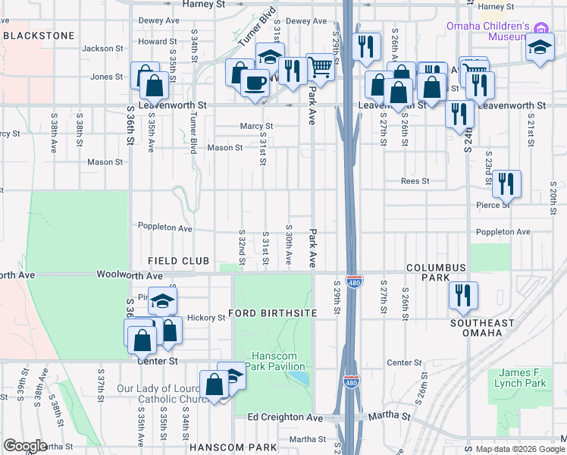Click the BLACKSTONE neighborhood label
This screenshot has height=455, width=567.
[39, 36]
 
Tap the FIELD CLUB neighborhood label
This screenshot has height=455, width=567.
[179, 261]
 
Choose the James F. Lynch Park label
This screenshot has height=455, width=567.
[524, 378]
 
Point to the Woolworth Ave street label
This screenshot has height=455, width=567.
[130, 275]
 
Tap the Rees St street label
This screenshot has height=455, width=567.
[415, 181]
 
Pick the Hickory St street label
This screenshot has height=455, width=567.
[206, 318]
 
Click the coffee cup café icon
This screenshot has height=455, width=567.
[255, 81]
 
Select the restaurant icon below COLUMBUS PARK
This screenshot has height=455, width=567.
[462, 296]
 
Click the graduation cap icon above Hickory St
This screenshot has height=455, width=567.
[162, 301]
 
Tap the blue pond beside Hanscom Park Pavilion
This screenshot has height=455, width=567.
[300, 377]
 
